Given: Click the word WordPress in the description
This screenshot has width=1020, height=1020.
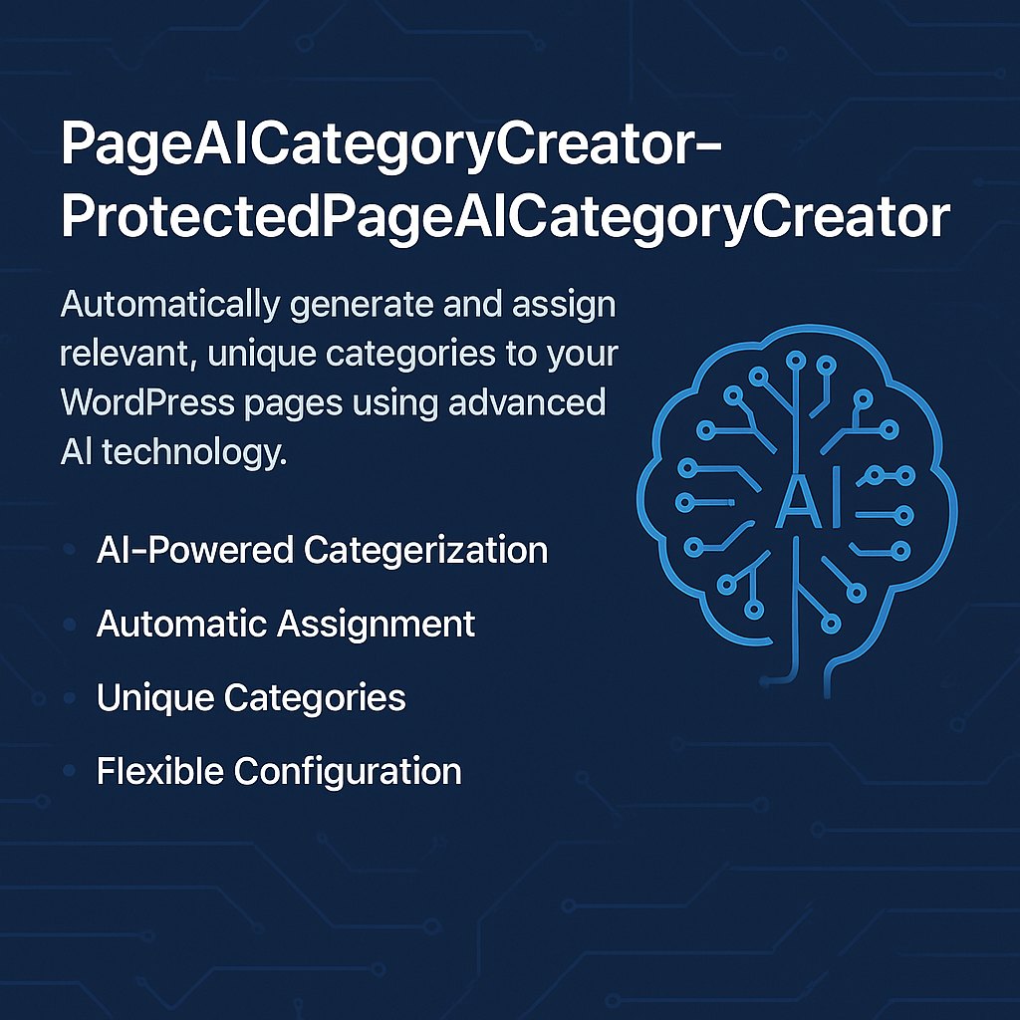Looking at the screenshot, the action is coord(147,402).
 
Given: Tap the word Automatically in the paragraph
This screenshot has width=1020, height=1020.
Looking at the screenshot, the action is coord(170,305).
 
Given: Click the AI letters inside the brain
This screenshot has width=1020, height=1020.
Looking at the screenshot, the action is coord(809,502).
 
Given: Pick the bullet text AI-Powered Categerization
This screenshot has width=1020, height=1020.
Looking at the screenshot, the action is coord(322,550).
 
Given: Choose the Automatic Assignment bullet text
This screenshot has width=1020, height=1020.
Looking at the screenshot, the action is coord(286,624).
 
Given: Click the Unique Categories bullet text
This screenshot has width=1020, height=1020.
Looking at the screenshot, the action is coord(251,698).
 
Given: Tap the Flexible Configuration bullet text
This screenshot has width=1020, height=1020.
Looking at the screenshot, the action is coord(279,772).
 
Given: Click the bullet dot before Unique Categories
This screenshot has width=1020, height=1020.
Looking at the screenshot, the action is coord(69,698).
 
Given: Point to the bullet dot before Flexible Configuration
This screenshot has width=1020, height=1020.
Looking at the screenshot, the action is coord(69,772).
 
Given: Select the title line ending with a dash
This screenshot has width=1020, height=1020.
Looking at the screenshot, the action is coord(390,145).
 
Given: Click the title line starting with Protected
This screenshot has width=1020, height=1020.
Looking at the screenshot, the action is coord(505,217).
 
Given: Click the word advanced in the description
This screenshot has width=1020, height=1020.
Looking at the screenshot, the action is coord(527,402).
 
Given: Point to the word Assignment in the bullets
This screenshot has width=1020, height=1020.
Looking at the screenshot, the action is coord(376,625).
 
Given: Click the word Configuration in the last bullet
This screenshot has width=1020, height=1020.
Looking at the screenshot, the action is coord(348,772).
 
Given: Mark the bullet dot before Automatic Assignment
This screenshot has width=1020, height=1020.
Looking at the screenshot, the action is coord(69,625).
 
